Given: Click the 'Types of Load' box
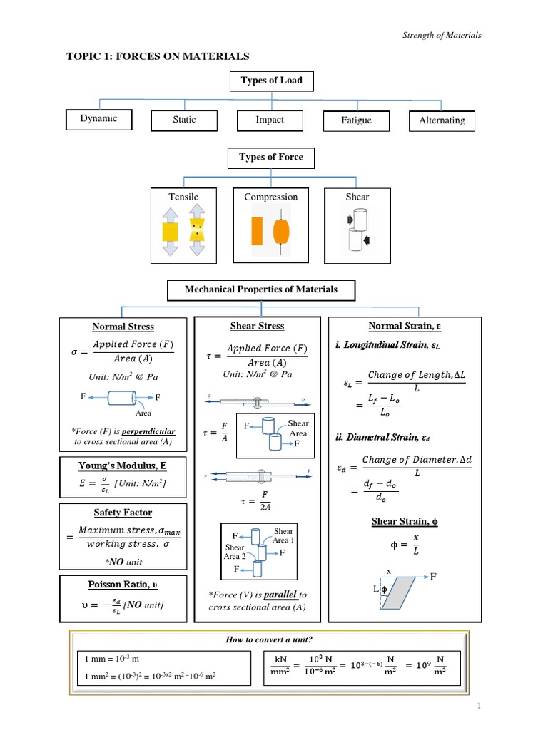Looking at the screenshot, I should (x=270, y=81).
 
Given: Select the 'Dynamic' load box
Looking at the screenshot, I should (x=98, y=119).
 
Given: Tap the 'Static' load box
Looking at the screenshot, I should (x=184, y=120).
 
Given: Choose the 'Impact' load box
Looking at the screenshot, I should (x=270, y=120).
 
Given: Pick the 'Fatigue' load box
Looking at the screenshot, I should (x=356, y=121).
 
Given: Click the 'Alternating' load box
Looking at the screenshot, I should (x=442, y=121).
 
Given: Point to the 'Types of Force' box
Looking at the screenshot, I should (x=270, y=158).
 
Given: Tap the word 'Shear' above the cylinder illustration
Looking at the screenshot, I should (x=357, y=197).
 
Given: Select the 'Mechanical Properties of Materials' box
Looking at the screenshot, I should (x=261, y=289).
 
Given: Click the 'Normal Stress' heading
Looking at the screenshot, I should (x=123, y=327).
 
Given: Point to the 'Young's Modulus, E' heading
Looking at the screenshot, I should (x=123, y=466).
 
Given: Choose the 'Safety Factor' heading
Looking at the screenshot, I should (x=123, y=513).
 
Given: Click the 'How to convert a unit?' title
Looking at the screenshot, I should (x=268, y=641).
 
